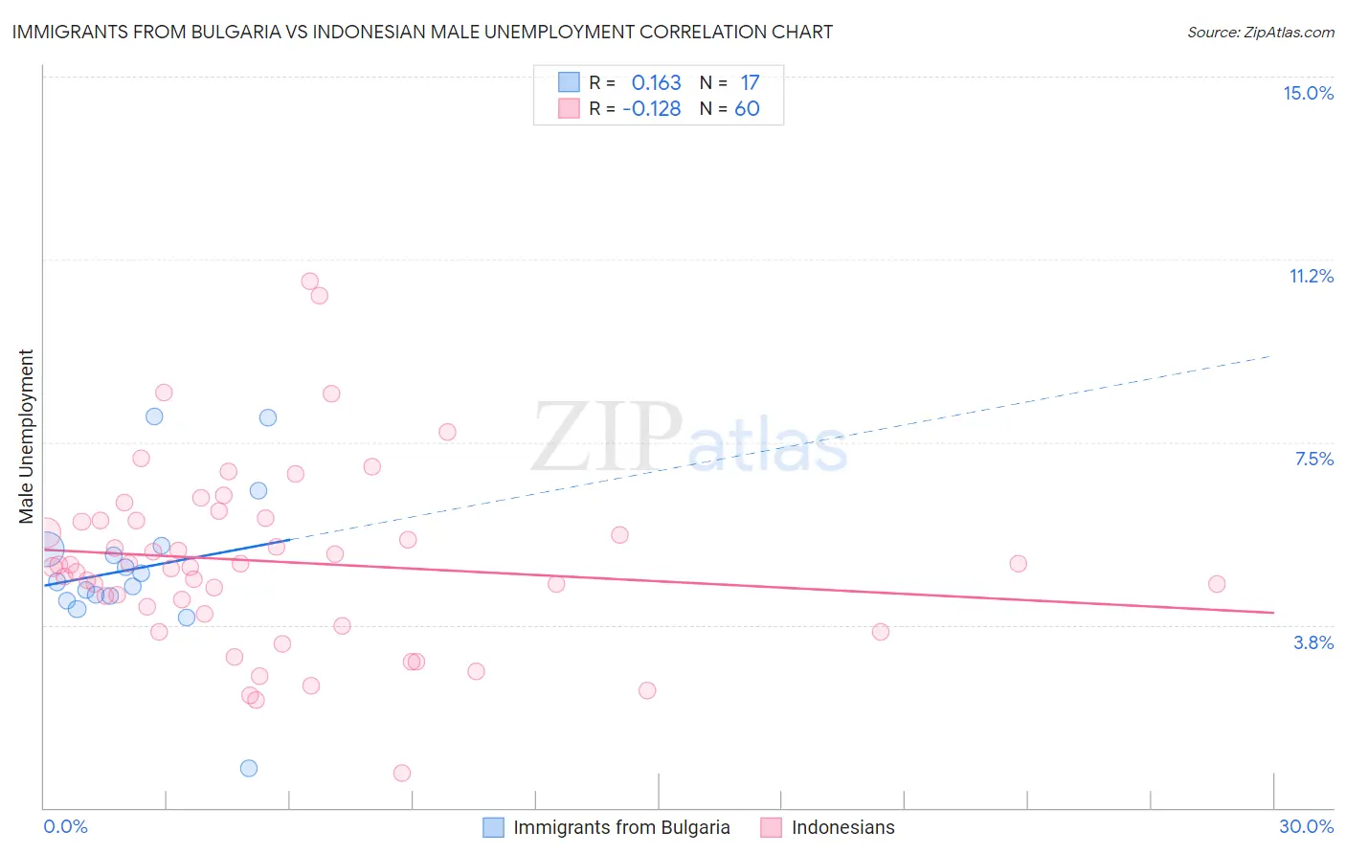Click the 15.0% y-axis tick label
click(1308, 93)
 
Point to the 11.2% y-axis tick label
click(1311, 276)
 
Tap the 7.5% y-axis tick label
click(1313, 459)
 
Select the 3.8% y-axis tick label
click(1313, 642)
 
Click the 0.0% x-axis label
click(65, 826)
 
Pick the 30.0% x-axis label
click(1306, 826)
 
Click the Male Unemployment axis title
click(26, 437)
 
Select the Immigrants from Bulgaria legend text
click(621, 827)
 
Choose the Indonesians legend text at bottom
click(842, 827)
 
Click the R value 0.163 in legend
click(656, 83)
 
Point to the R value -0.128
click(651, 109)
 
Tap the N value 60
click(747, 109)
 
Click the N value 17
click(750, 83)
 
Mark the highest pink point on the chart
click(309, 281)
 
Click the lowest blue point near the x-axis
click(249, 768)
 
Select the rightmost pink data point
click(1217, 584)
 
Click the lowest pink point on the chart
click(402, 773)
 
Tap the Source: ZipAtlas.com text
click(1260, 33)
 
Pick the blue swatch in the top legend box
click(570, 82)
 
